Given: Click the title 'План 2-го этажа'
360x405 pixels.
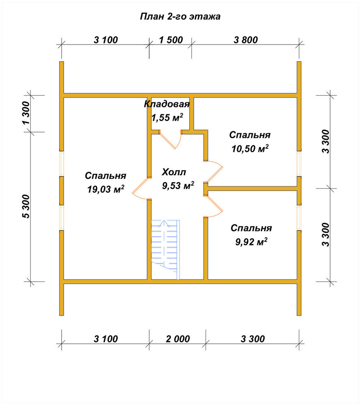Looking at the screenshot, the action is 180,17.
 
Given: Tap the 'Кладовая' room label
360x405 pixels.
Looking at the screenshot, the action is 167,104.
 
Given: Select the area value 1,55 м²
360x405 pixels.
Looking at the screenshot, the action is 167,117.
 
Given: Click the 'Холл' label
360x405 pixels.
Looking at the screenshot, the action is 174,172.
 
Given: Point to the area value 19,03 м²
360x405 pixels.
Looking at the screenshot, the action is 106,189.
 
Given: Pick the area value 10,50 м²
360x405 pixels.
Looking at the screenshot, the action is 250,149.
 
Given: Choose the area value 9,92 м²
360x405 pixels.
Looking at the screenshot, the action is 251,242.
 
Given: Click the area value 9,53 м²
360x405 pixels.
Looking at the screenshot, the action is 178,185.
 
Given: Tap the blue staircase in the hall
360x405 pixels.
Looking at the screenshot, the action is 165,249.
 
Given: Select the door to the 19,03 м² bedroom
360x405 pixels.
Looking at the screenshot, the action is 139,189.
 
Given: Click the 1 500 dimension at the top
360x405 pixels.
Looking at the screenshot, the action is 171,40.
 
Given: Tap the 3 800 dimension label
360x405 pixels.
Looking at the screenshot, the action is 246,40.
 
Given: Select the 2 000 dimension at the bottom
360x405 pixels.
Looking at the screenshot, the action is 178,339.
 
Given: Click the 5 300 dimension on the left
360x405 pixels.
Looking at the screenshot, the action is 26,207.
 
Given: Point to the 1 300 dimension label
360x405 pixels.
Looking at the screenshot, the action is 26,113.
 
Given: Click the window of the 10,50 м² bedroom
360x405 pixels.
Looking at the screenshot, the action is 299,164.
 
